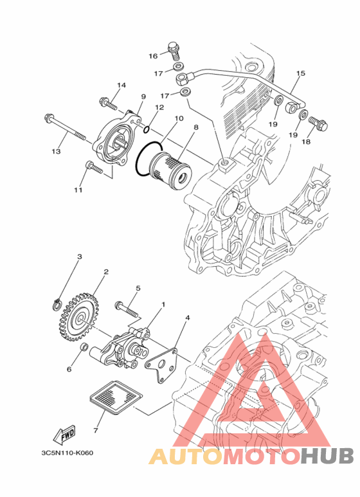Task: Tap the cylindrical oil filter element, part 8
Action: [x=170, y=169]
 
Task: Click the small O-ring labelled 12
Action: [x=147, y=129]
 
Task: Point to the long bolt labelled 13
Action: [x=65, y=127]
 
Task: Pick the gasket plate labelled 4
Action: [x=161, y=365]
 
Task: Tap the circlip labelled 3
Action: [x=57, y=304]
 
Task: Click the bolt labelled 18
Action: [x=317, y=124]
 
